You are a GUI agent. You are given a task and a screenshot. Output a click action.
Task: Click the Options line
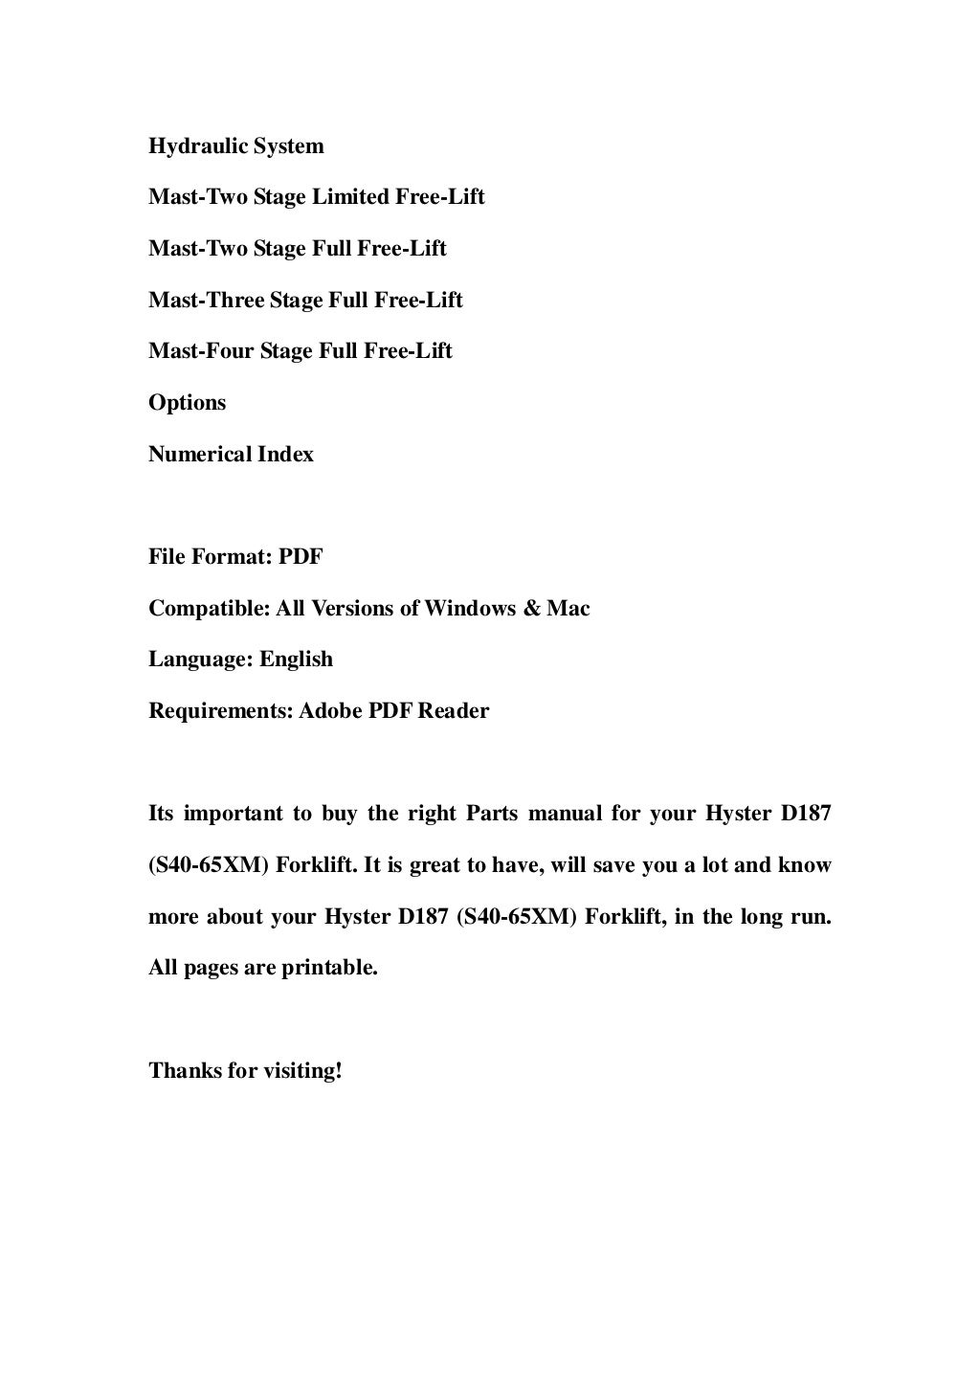(188, 403)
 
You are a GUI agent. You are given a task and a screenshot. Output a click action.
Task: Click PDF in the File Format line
(301, 557)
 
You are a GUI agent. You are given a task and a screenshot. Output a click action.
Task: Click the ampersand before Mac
(532, 609)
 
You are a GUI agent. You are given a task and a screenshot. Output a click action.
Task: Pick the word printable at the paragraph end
(330, 968)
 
